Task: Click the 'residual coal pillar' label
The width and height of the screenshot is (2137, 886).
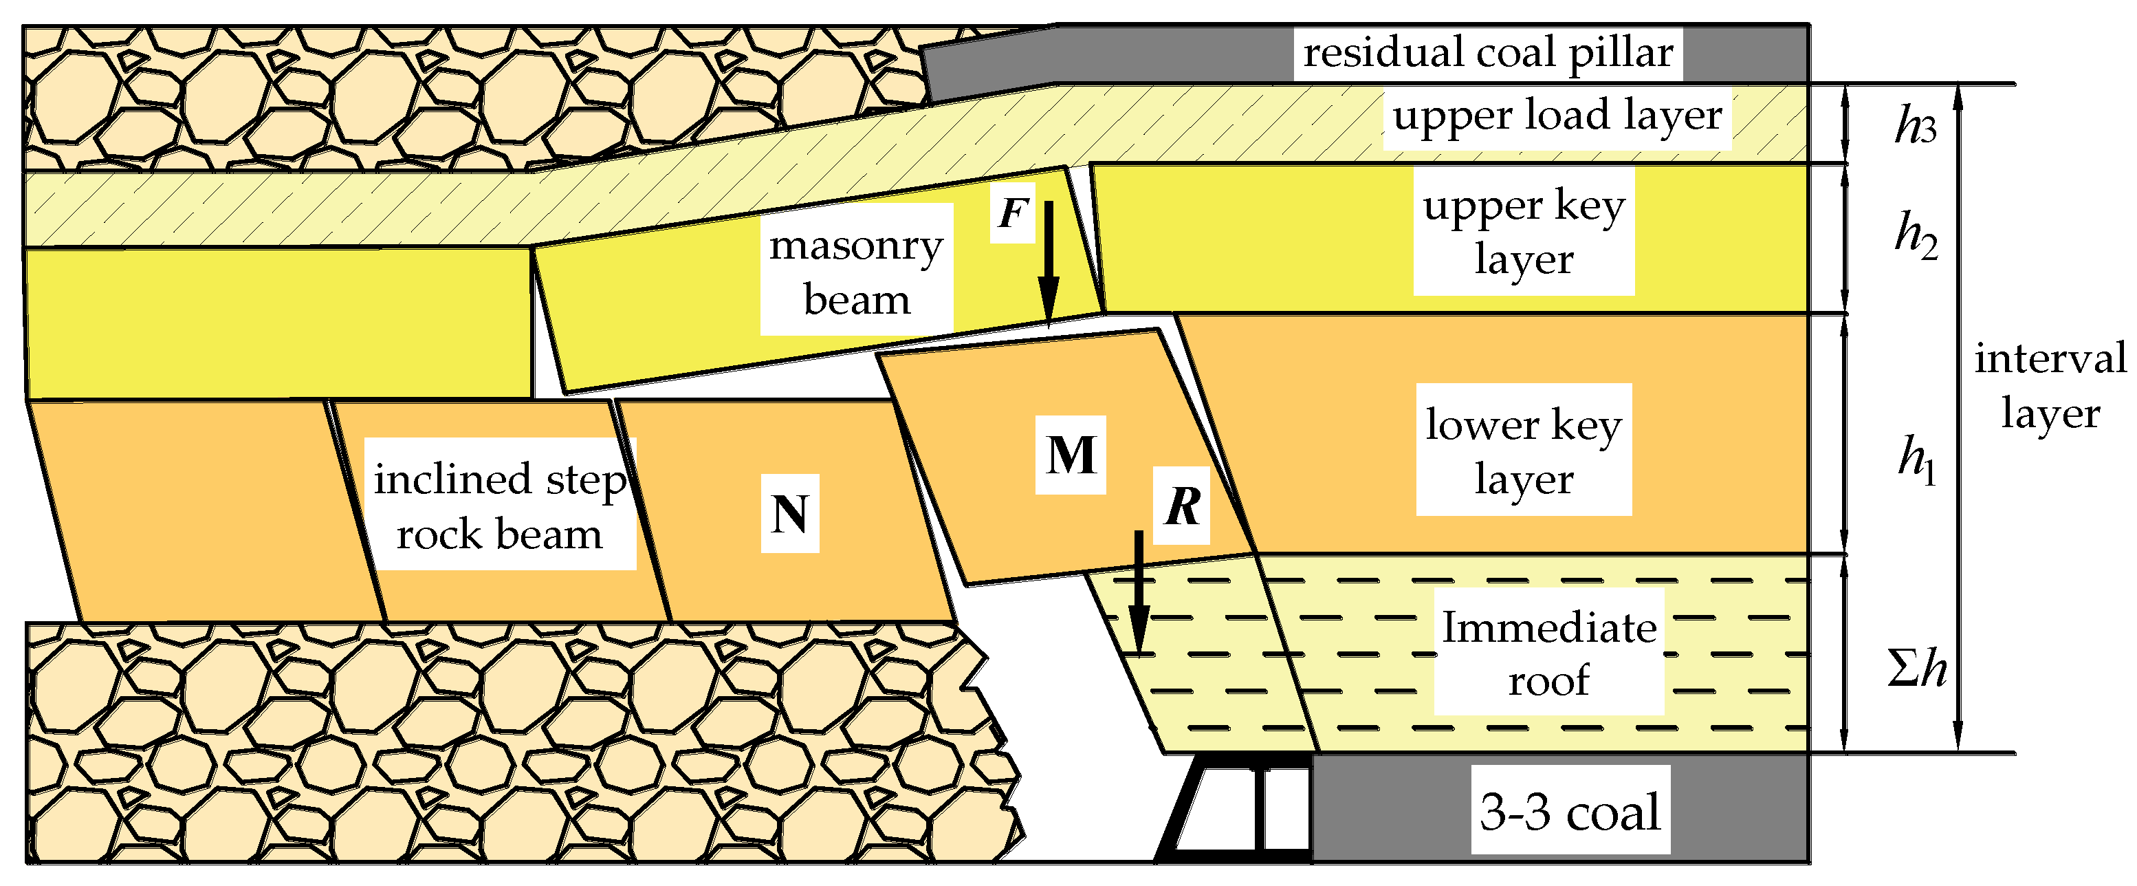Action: pos(1487,53)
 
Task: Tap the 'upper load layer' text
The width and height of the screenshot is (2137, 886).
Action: pos(1556,116)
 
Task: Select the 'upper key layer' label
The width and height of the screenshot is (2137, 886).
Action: pos(1523,233)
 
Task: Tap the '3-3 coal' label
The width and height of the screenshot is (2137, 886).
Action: pos(1570,811)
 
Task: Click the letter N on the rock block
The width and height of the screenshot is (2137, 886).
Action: pos(790,515)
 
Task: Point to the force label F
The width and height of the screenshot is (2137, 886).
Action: pos(1013,213)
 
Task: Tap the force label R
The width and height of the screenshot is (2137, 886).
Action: pos(1181,506)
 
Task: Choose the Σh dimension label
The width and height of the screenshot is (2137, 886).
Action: pos(1916,668)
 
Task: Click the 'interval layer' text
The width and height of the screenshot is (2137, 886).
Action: pos(2049,386)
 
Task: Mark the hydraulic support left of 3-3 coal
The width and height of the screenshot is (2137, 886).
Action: pos(1236,809)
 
